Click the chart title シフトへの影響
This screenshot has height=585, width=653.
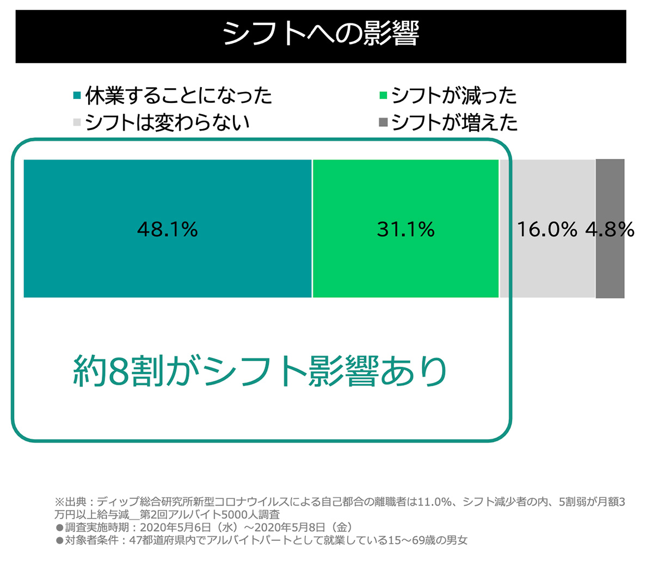321,35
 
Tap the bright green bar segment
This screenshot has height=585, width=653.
405,261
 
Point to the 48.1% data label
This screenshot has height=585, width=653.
168,230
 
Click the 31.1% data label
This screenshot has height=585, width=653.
405,230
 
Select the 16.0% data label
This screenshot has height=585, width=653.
547,230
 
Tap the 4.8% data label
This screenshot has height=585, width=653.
610,230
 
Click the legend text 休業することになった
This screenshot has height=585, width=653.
178,96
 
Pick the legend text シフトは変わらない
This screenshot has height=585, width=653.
167,122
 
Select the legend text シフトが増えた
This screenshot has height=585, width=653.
454,122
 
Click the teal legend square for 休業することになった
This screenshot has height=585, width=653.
77,96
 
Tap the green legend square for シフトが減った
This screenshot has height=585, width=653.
383,96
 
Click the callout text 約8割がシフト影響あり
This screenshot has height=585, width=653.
260,372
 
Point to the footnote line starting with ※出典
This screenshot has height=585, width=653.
340,502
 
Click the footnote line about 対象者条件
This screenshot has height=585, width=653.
262,540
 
